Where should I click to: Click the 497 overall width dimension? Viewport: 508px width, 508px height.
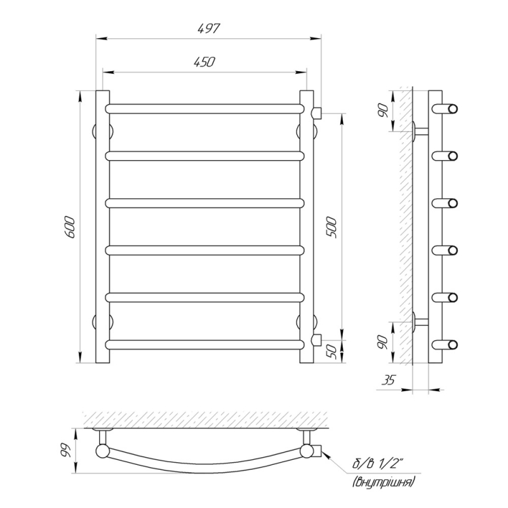tap(209, 29)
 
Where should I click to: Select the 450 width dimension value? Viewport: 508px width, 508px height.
tap(204, 62)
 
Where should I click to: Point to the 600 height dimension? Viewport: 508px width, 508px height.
tap(70, 227)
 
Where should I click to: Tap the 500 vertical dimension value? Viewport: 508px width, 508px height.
tap(331, 228)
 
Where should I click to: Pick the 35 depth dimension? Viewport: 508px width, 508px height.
tap(389, 380)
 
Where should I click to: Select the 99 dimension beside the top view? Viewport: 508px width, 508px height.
tap(65, 450)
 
